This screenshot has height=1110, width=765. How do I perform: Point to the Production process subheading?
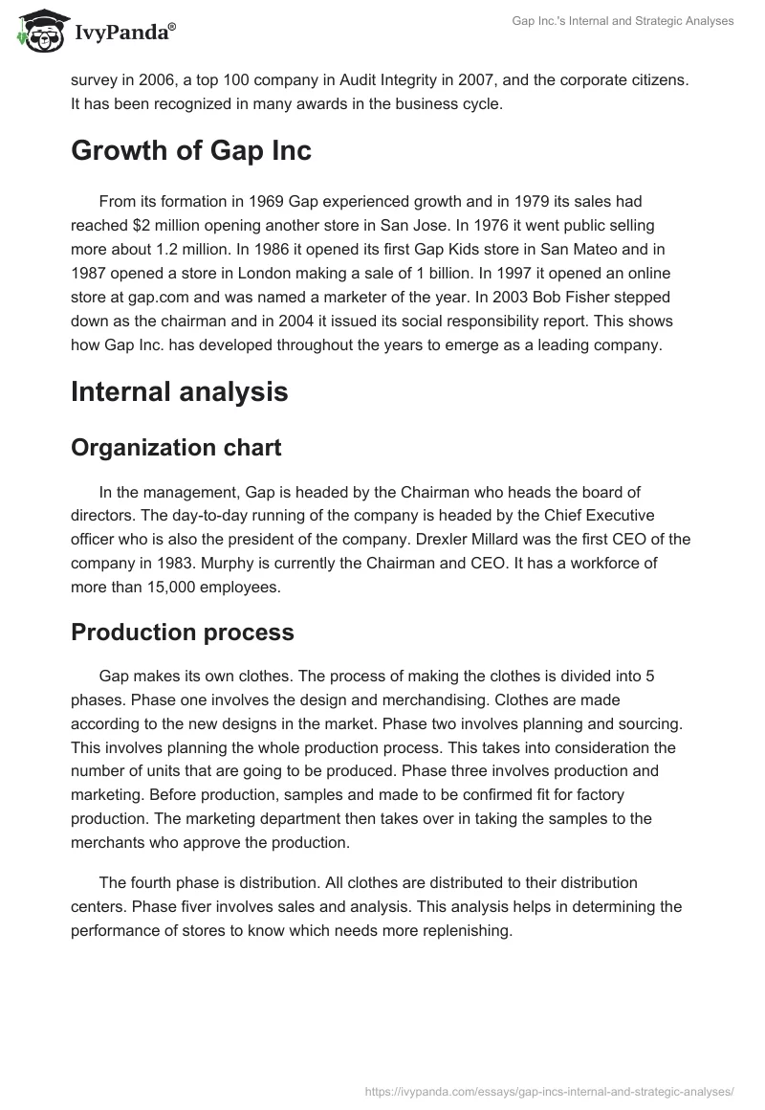(x=183, y=633)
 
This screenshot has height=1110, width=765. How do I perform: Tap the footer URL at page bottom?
(x=550, y=1090)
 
